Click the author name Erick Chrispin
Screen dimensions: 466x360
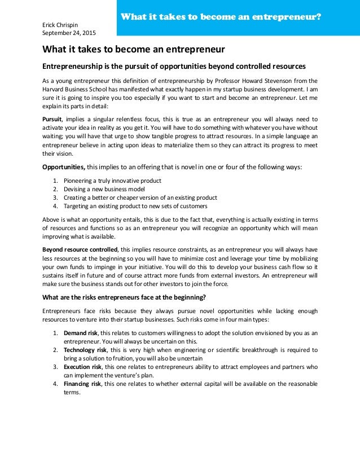pyautogui.click(x=62, y=25)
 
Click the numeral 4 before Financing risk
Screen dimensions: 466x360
pyautogui.click(x=55, y=384)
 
